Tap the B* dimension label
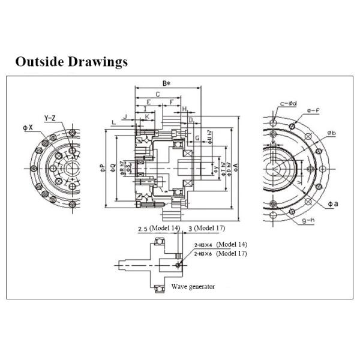click(x=167, y=83)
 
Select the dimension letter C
click(x=157, y=94)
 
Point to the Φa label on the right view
click(x=333, y=204)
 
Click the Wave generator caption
click(x=193, y=286)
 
